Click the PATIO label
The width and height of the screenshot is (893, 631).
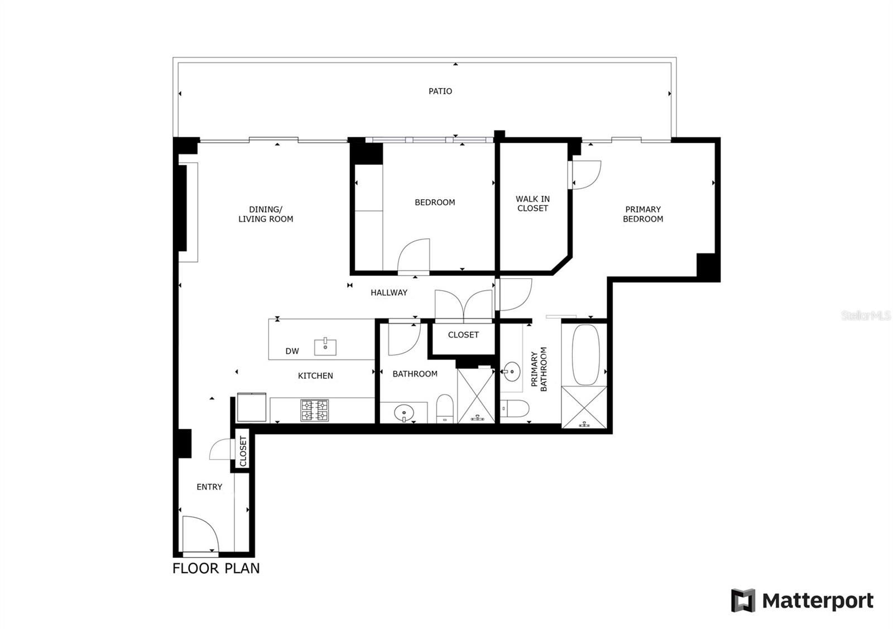tap(440, 91)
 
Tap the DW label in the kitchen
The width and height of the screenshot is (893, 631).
tap(292, 351)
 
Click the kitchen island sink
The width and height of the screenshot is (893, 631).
tap(325, 347)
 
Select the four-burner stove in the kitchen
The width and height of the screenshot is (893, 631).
tap(315, 411)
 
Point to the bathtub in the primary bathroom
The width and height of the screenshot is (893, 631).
tap(585, 355)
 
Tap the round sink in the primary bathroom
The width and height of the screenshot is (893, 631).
tap(511, 372)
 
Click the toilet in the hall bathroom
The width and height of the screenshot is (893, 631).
tap(445, 408)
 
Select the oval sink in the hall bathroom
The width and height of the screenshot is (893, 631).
tap(404, 413)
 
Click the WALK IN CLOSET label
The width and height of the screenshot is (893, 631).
tap(532, 203)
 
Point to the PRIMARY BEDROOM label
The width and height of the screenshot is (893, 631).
tap(643, 214)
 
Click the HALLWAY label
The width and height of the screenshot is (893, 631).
tap(389, 292)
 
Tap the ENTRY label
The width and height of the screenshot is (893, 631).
tap(209, 487)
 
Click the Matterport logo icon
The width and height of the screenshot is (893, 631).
tap(743, 600)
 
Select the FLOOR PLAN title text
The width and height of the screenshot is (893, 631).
tap(216, 568)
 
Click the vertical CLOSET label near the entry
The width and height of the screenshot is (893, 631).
tap(243, 451)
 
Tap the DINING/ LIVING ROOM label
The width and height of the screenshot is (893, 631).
tap(266, 214)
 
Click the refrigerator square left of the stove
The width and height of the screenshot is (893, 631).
tap(252, 407)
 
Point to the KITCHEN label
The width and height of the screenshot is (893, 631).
tap(315, 375)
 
